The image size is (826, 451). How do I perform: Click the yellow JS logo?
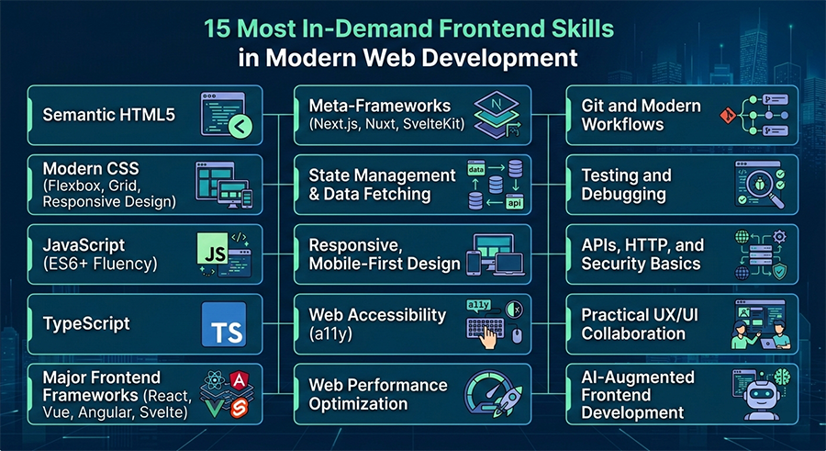pyautogui.click(x=211, y=250)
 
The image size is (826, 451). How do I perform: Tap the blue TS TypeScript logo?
pyautogui.click(x=223, y=324)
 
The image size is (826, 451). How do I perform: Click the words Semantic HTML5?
pyautogui.click(x=108, y=116)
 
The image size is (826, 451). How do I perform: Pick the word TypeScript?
pyautogui.click(x=86, y=323)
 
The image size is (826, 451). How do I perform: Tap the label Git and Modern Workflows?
pyautogui.click(x=641, y=115)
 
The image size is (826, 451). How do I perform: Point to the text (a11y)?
pyautogui.click(x=330, y=333)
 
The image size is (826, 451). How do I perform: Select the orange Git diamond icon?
pyautogui.click(x=728, y=116)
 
